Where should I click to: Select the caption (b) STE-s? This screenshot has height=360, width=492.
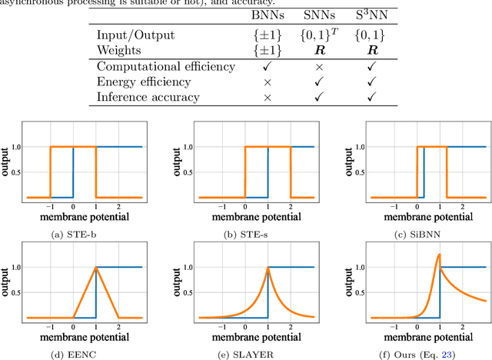click(x=245, y=225)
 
